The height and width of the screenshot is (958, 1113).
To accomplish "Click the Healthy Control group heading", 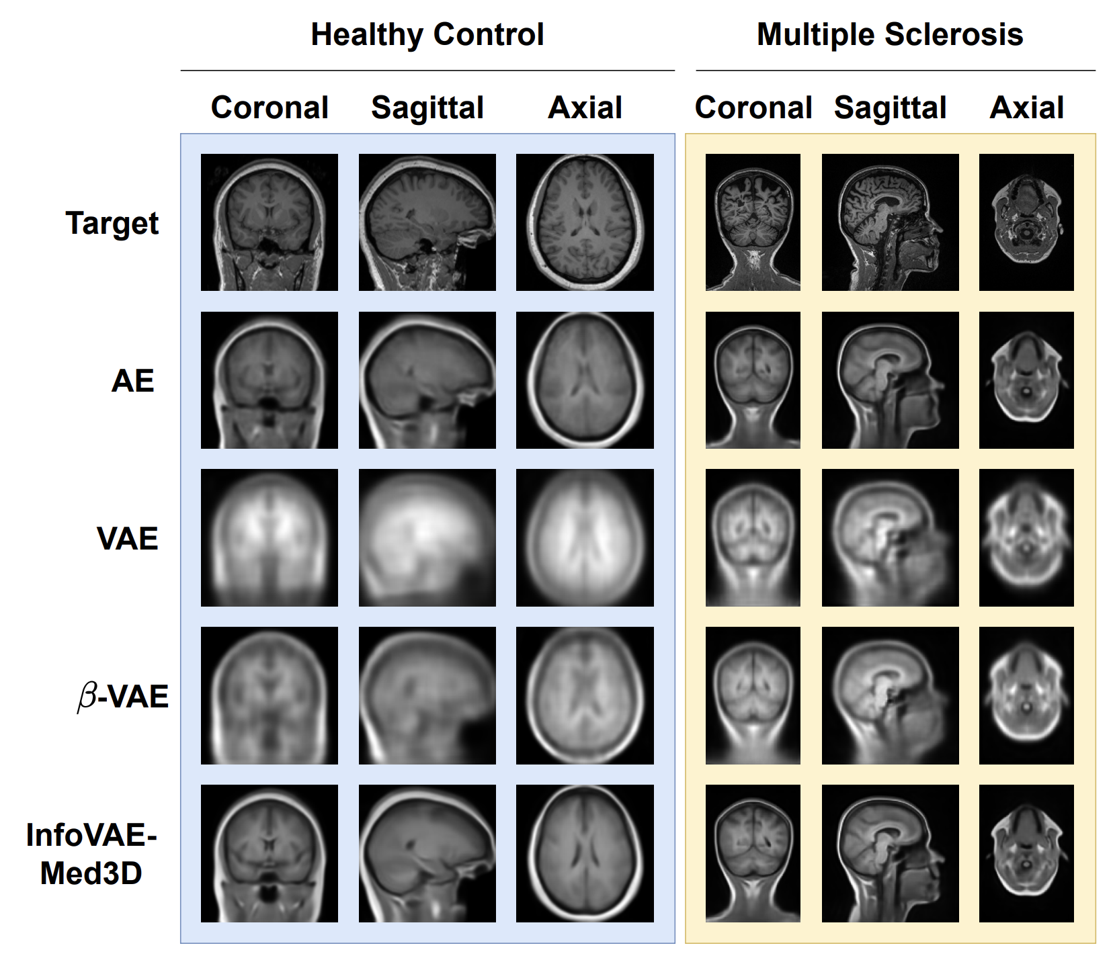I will point(427,35).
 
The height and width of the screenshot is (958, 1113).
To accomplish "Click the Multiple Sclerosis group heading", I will point(889,35).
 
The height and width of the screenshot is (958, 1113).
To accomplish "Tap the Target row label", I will point(112,223).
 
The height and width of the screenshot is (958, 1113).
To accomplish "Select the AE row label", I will point(132,381).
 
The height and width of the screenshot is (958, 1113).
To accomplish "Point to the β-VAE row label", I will point(123,696).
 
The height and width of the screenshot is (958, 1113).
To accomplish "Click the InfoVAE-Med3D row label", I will point(91,854).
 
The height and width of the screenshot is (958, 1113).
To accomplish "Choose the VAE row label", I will point(127,538).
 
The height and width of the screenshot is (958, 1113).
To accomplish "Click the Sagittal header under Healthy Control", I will point(427,107).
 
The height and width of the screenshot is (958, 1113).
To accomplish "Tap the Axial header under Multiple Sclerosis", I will point(1026,107).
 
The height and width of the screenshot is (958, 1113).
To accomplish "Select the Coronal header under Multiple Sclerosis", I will point(753,107).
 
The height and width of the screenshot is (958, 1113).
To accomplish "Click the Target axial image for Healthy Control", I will point(585,222).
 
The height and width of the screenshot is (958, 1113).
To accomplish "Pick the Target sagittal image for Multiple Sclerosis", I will point(890,222).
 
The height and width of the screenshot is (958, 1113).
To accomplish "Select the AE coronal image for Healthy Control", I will point(269,380).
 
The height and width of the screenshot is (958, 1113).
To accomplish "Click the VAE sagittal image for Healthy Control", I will point(427,537).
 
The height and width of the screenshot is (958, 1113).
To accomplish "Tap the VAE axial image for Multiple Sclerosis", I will point(1026,537).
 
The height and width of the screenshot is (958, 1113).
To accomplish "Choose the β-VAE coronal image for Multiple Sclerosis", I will point(753,695).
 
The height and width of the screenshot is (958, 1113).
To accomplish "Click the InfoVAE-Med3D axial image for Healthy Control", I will point(585,853).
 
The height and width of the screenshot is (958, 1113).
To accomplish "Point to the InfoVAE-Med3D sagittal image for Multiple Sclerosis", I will point(890,853).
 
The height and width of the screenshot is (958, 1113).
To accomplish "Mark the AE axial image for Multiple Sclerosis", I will point(1026,380).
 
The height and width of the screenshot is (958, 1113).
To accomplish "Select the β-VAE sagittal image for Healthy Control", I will point(427,695).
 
